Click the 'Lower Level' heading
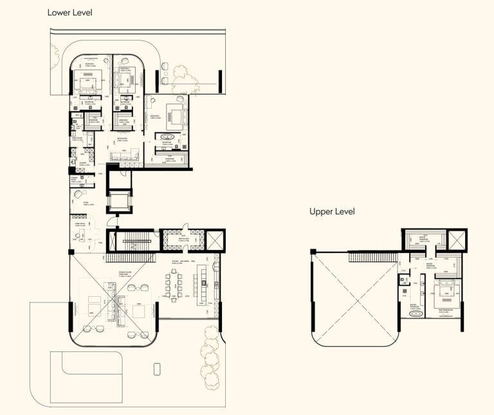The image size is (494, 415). (x=69, y=12)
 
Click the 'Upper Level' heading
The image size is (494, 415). (x=332, y=211)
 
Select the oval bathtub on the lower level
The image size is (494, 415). (x=170, y=137)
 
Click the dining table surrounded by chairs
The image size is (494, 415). (x=179, y=283)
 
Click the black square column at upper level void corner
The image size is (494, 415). (x=313, y=251)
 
